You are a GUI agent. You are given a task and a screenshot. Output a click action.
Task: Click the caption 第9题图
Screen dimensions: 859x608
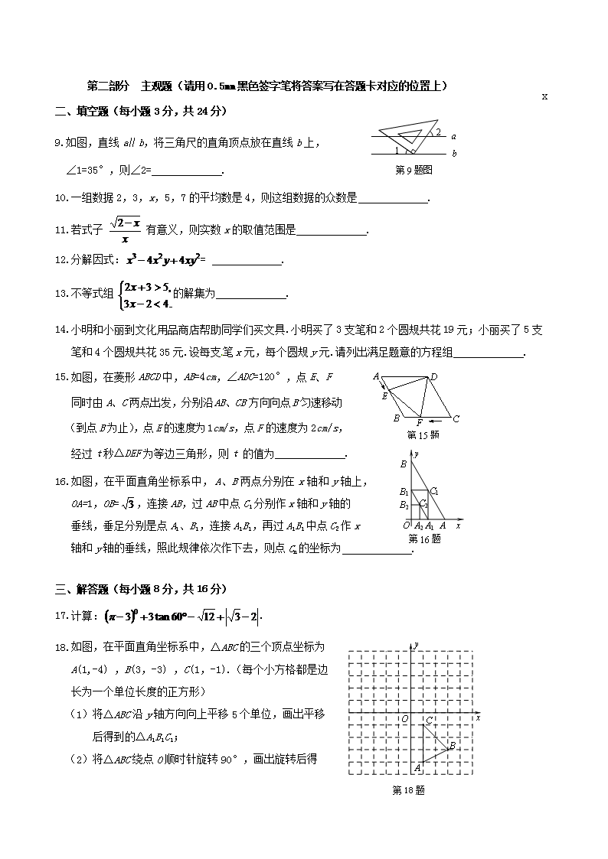click(x=414, y=170)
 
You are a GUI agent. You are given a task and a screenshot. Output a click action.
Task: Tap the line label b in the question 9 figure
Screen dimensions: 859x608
click(x=454, y=154)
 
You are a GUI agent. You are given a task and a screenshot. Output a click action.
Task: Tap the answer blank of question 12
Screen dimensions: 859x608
click(x=246, y=260)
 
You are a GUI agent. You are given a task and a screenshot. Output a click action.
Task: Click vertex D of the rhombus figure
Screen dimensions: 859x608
click(x=433, y=376)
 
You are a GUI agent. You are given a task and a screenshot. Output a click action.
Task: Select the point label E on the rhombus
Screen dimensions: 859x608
click(x=384, y=395)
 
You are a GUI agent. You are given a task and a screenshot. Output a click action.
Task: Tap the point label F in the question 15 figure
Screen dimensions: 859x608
click(x=419, y=423)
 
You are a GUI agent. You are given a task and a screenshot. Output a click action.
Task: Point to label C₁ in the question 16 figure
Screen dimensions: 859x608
click(x=434, y=490)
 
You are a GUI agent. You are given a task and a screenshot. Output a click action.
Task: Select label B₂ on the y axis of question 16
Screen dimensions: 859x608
click(x=404, y=506)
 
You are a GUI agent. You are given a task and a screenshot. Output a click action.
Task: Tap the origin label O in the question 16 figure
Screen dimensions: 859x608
click(x=406, y=525)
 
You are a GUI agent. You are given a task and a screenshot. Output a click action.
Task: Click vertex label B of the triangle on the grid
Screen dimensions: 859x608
click(x=453, y=745)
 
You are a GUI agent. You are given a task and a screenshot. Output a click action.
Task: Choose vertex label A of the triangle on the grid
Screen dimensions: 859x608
click(x=417, y=767)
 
